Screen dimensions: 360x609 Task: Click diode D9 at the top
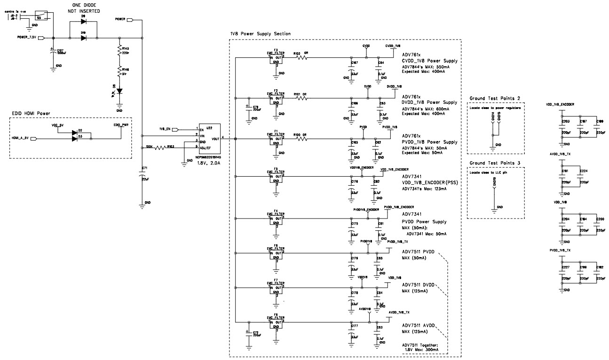pos(83,22)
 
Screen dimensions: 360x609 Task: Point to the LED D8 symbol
pos(119,90)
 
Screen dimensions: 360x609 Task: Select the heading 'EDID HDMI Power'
pos(32,113)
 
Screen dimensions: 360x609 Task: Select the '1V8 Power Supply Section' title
pos(260,34)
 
